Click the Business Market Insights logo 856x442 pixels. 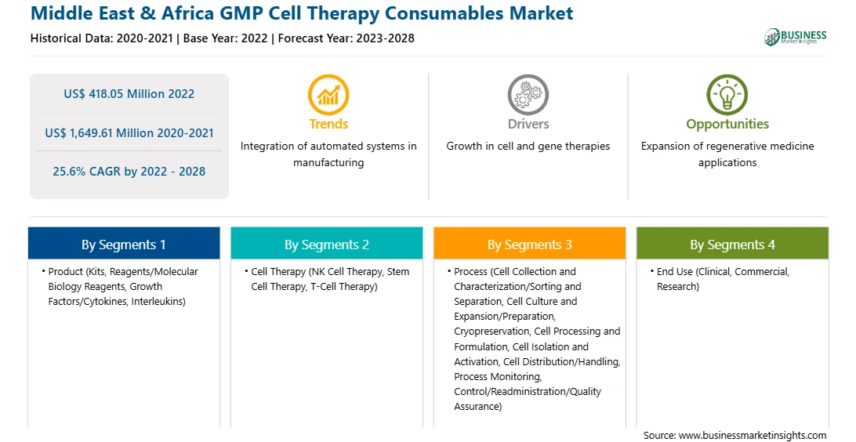pos(795,37)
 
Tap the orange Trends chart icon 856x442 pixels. pos(328,94)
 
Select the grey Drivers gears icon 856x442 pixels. pos(528,94)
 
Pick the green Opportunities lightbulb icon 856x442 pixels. pos(727,94)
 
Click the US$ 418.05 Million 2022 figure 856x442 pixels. pos(129,94)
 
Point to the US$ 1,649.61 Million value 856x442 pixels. pos(113,132)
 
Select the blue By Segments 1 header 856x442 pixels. pos(124,244)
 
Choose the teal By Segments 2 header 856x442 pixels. pos(326,244)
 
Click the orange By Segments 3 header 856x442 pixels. pos(530,244)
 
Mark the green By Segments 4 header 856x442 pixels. pos(733,244)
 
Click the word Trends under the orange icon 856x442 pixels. pos(328,124)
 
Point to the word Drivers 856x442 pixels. pos(528,124)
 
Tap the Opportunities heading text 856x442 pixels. pos(727,125)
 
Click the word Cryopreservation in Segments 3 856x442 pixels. pos(491,331)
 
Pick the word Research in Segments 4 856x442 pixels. pos(676,287)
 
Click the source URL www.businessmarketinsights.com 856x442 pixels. pos(753,436)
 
